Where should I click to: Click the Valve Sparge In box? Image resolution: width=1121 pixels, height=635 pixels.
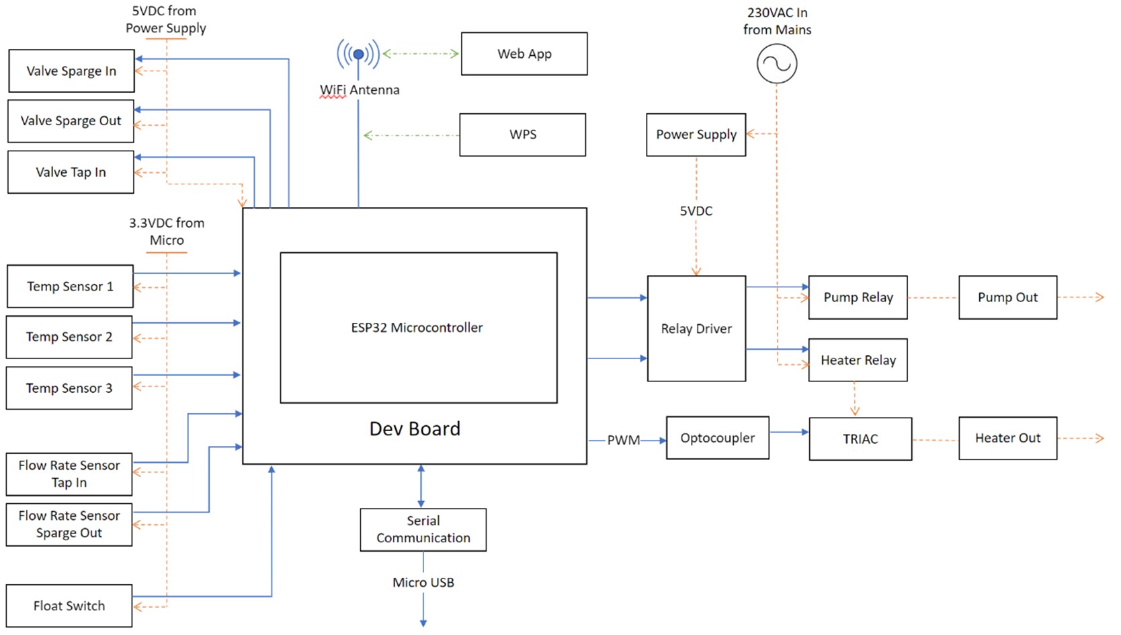pos(71,71)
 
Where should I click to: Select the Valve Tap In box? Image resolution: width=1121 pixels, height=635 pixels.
pos(71,172)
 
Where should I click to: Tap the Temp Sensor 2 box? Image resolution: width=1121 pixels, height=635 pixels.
pos(69,337)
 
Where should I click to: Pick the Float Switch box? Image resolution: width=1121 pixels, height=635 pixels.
pos(69,606)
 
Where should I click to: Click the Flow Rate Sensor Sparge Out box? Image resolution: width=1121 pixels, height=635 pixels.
pos(69,525)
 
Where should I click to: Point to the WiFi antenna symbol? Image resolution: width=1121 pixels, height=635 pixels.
pos(358,54)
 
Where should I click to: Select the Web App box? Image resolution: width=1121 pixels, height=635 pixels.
pos(524,54)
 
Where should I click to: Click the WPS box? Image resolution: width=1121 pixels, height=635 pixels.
pos(523,135)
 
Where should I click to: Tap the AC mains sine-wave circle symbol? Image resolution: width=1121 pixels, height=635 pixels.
pos(777,64)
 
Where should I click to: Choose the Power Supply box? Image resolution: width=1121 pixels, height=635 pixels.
pos(696,135)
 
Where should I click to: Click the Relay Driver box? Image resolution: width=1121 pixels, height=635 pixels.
pos(696,328)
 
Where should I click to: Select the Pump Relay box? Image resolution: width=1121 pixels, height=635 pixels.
pos(858,297)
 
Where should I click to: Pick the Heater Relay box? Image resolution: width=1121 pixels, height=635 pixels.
pos(858,361)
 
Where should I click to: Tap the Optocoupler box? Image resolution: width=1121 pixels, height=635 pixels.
pos(718,438)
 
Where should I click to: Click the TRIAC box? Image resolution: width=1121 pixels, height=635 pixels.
pos(860,439)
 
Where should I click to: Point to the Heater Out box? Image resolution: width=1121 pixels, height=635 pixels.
pos(1007,439)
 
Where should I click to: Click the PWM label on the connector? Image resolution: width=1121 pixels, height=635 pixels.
pos(624,441)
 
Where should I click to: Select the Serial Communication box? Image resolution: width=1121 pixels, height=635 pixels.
pos(423,529)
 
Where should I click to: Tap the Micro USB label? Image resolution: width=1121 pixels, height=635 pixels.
pos(423,583)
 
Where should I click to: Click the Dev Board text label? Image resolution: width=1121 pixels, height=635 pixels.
pos(415,429)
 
